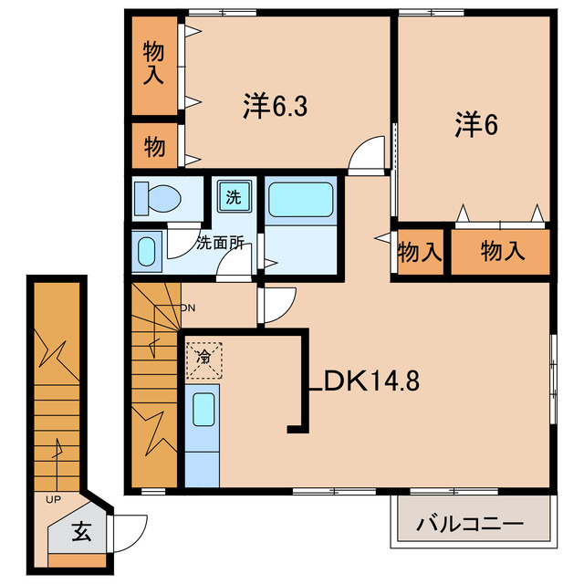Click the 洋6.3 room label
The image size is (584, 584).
(x=274, y=107)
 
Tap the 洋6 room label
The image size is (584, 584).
(x=475, y=125)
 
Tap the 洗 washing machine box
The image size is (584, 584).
(x=235, y=196)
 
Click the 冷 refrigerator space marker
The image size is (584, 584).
(x=204, y=357)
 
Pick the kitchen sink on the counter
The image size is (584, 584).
(x=203, y=410)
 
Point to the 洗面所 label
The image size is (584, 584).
(x=220, y=244)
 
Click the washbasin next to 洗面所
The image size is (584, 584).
(x=147, y=250)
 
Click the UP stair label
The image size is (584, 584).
(x=55, y=498)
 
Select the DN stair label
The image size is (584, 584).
(x=187, y=308)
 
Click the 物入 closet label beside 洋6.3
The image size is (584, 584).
(x=153, y=66)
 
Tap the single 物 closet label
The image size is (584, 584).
(x=153, y=146)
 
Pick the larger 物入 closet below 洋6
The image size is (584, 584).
(x=503, y=251)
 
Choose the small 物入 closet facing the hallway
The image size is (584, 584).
(x=421, y=251)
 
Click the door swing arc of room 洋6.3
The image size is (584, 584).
(x=370, y=153)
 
